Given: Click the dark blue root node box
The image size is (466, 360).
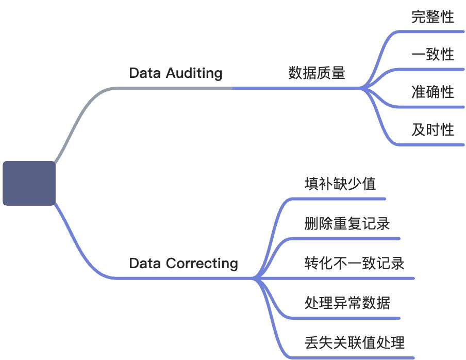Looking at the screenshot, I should coord(29,183).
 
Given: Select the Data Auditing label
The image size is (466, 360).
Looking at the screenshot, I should coord(175,73).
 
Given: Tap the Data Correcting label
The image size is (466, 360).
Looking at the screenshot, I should coord(183,264).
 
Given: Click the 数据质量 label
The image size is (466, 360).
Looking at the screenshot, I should coord(316,73).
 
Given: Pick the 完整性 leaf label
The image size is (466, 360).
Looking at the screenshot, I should coord(432,17).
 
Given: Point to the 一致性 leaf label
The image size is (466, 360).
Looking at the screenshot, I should coord(432,54).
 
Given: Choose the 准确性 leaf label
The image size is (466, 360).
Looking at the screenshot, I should coord(432,92).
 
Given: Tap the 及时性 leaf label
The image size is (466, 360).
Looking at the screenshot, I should coord(432,129).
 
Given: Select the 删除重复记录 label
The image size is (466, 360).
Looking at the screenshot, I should coord(346,224).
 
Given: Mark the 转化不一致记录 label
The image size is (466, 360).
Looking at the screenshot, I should coord(354,264).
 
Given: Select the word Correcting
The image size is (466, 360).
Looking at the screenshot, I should coord(202,264).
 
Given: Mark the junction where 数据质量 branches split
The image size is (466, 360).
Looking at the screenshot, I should coord(362,88).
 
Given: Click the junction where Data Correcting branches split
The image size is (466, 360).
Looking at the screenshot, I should coord(254,279).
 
